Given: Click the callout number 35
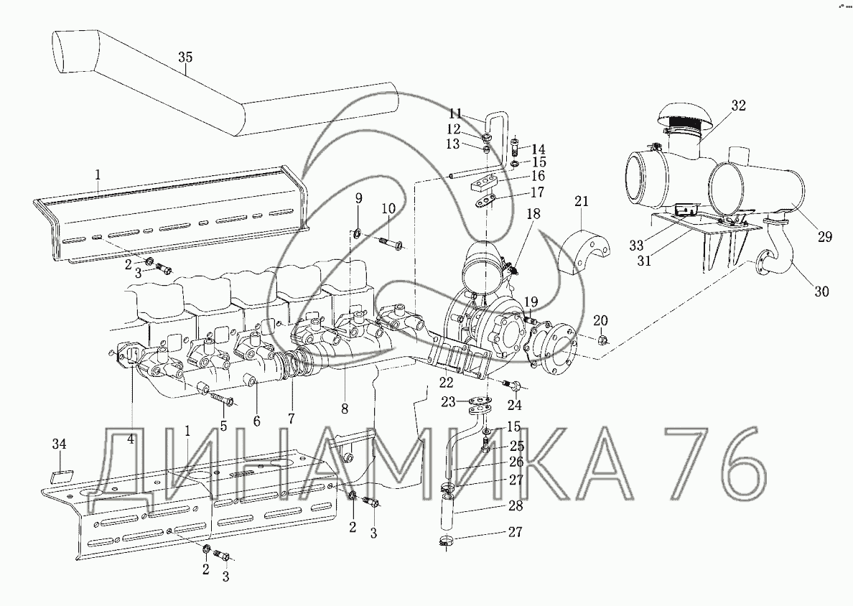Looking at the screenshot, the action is (x=185, y=57).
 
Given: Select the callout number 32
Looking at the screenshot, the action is (x=738, y=105).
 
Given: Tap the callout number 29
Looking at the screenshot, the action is (x=825, y=237).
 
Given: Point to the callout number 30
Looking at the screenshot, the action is (x=821, y=291).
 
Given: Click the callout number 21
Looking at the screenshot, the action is (x=582, y=201).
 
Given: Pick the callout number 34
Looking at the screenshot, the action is (x=60, y=444).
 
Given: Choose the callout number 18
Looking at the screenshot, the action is (x=533, y=214).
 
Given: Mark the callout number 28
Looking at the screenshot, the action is (x=515, y=506).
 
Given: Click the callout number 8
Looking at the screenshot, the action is (x=345, y=409).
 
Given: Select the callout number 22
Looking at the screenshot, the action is (x=447, y=383).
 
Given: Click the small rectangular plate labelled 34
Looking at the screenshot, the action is (x=59, y=477).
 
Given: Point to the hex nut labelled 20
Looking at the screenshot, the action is (x=602, y=341).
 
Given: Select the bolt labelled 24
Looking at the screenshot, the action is (x=513, y=386).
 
